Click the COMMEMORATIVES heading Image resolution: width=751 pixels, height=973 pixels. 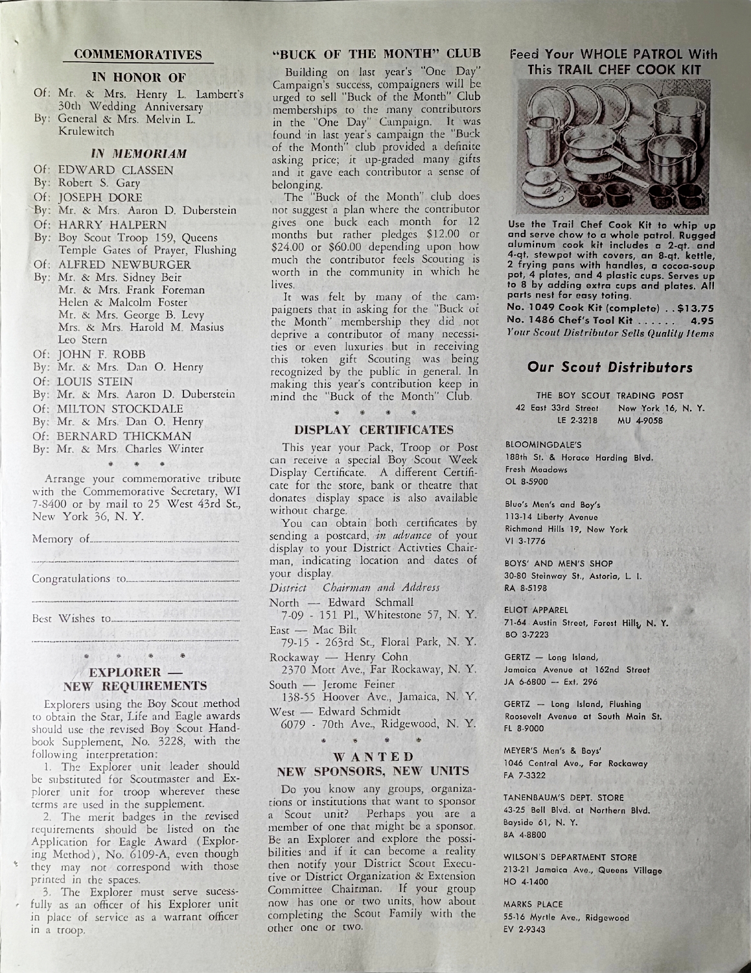pos(138,54)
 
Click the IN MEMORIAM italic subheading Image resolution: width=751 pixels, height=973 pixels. pos(139,154)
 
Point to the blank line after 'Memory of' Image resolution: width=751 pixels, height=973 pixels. pos(166,540)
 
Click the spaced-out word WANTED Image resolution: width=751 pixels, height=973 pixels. pos(372,757)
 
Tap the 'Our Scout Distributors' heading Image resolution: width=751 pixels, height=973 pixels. pos(610,368)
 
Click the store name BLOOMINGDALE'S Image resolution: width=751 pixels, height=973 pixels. pos(535,446)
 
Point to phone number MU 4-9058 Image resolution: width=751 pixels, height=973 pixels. pos(641,420)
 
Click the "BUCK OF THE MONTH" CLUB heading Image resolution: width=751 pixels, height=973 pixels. pos(373,53)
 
